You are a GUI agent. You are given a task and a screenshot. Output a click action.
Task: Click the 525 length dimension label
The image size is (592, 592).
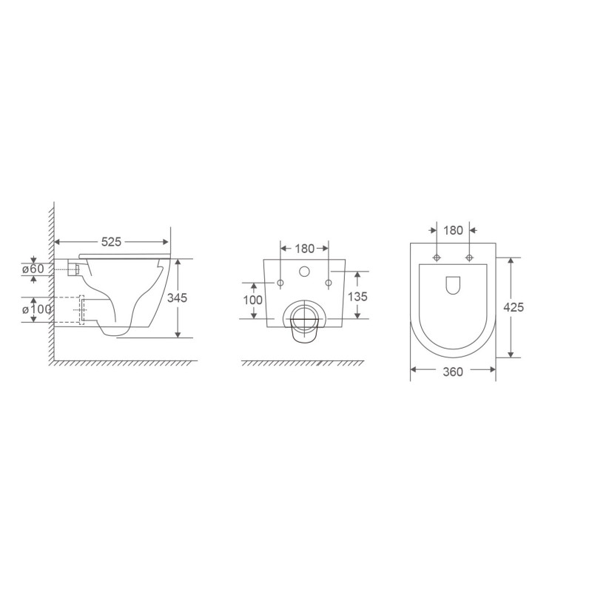(x=112, y=242)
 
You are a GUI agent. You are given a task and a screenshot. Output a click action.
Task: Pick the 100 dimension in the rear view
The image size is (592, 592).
(x=253, y=300)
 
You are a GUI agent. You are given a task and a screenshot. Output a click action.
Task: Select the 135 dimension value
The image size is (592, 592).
(x=357, y=297)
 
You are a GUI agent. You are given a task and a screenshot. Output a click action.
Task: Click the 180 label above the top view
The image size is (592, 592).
(x=453, y=230)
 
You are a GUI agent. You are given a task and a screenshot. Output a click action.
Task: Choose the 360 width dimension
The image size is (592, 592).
(x=453, y=372)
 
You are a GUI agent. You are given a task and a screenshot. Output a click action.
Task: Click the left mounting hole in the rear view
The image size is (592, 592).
(x=280, y=283)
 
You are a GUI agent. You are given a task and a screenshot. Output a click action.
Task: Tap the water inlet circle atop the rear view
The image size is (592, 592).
(x=305, y=272)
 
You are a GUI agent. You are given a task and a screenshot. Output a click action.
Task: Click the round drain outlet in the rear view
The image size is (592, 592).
(x=304, y=319)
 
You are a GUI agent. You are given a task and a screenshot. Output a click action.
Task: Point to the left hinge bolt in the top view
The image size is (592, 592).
(x=437, y=258)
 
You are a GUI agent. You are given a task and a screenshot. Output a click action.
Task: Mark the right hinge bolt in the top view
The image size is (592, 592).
(x=469, y=258)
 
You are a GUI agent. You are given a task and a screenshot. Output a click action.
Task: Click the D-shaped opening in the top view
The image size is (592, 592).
(x=453, y=284)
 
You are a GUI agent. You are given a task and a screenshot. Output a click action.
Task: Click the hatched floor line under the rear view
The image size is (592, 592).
(x=303, y=364)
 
